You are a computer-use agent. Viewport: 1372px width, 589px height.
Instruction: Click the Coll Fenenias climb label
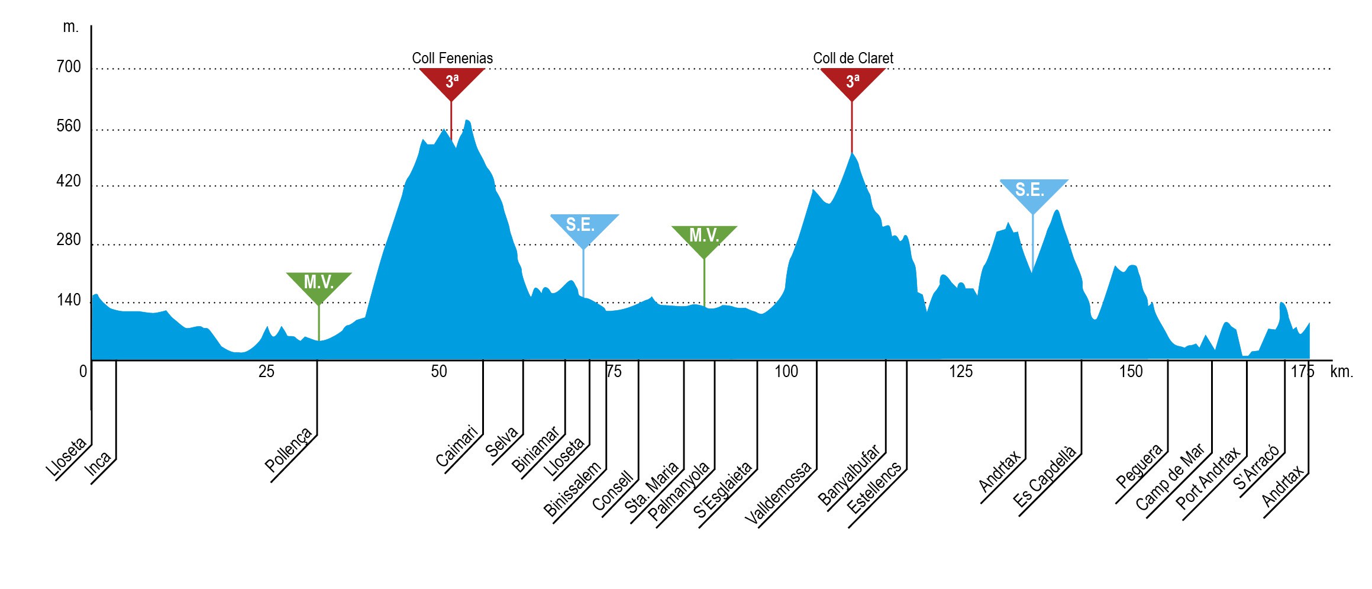pos(452,58)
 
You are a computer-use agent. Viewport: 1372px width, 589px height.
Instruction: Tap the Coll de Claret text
pos(853,58)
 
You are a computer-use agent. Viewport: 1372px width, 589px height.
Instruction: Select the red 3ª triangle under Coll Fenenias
pos(452,81)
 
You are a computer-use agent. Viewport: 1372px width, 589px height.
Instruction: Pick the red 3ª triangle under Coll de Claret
pos(853,81)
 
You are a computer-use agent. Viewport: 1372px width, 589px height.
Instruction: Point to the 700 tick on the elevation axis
pos(69,67)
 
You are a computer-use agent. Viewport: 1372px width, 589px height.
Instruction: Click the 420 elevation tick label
pos(69,181)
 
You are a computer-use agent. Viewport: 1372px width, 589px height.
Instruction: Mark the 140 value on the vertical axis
pos(69,300)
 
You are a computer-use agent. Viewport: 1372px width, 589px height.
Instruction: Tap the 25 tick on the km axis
pos(266,372)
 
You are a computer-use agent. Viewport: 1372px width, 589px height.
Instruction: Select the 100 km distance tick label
pos(786,372)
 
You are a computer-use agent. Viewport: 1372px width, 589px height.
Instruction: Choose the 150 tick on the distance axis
pos(1131,372)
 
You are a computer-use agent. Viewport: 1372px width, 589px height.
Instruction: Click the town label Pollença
pos(289,450)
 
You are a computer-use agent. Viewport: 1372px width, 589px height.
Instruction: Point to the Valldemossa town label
pos(778,494)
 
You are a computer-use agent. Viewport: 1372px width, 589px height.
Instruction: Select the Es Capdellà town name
pos(1044,477)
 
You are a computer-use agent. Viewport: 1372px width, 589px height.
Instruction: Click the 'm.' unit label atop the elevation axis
pos(70,27)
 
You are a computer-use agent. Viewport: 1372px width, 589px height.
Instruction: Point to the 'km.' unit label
pos(1342,372)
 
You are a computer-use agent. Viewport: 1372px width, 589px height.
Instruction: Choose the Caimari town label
pos(457,446)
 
